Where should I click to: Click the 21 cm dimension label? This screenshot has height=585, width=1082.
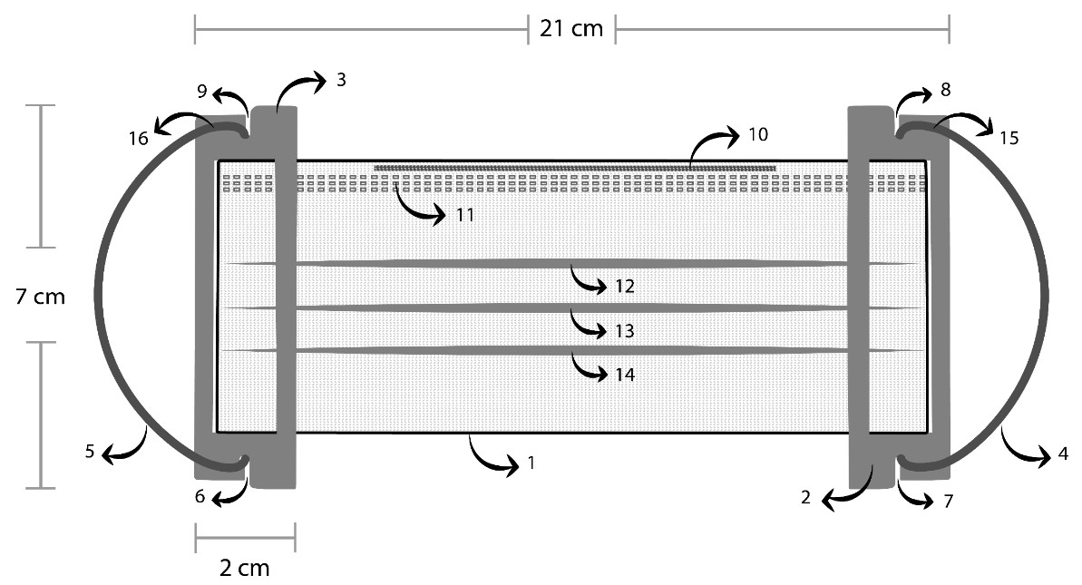(571, 28)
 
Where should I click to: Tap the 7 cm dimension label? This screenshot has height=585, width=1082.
(41, 296)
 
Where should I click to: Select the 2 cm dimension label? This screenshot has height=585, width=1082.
(245, 569)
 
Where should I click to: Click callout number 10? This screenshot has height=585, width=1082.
(758, 135)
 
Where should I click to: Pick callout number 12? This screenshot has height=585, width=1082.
(624, 287)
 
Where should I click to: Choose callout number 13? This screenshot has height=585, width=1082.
(624, 331)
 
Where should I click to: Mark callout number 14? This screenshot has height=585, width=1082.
(624, 374)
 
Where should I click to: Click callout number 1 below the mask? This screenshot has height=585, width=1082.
(531, 463)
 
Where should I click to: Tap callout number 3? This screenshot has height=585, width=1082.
(341, 80)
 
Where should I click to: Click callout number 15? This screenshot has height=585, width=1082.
(1009, 139)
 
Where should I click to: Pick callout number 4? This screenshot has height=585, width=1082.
(1063, 454)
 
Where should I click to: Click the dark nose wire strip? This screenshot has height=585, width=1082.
(576, 168)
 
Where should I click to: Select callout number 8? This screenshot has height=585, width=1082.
(946, 90)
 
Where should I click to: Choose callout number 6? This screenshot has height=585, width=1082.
(200, 496)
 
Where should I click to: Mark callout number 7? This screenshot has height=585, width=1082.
(949, 501)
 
